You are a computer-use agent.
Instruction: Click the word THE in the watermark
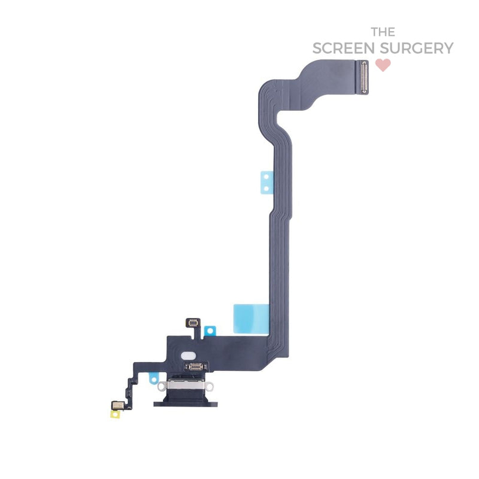[383, 32]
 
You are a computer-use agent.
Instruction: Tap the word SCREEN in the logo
[344, 48]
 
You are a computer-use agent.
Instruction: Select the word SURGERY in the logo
[417, 48]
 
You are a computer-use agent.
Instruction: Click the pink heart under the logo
[383, 65]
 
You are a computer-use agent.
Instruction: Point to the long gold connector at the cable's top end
[363, 77]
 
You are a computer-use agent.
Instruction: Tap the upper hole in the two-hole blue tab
[266, 177]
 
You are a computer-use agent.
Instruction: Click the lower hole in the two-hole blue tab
[266, 189]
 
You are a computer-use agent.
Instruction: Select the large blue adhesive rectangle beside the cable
[251, 319]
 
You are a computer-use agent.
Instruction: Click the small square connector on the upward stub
[193, 322]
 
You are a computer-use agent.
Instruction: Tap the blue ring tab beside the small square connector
[210, 331]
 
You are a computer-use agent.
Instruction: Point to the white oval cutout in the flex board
[189, 356]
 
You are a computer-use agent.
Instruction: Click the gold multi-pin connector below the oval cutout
[195, 366]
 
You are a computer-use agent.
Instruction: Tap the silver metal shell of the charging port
[185, 385]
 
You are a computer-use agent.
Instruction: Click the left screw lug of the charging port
[162, 386]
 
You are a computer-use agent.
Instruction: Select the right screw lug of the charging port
[209, 386]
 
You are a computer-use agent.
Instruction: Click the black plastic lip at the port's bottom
[186, 404]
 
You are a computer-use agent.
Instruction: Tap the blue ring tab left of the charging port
[154, 378]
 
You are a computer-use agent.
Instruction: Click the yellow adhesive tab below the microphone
[115, 414]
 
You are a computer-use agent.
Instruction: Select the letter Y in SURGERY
[448, 48]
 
